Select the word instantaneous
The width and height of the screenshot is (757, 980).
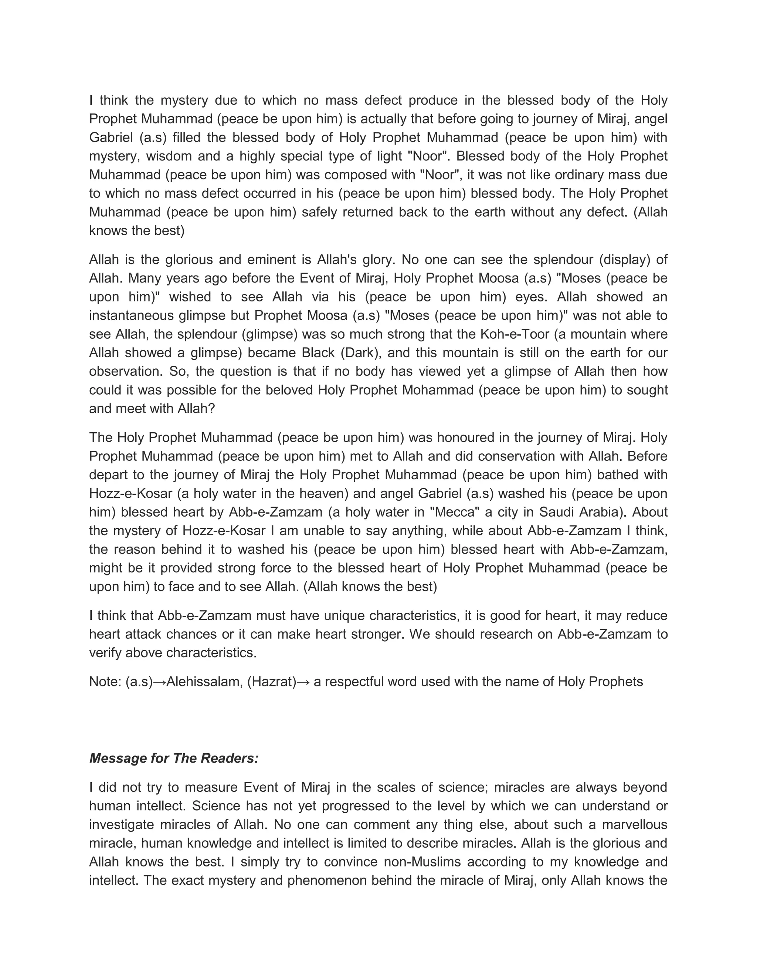(131, 315)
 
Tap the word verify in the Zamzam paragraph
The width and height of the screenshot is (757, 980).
(105, 652)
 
